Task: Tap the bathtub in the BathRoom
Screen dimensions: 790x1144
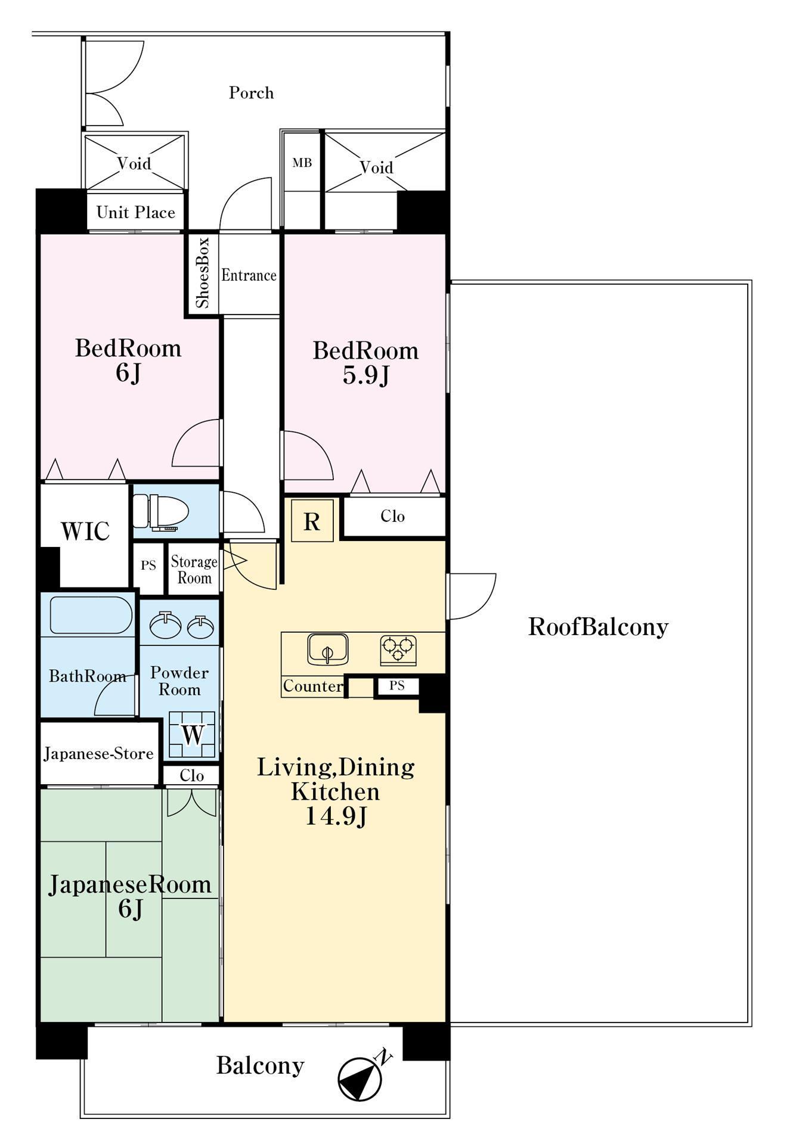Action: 91,615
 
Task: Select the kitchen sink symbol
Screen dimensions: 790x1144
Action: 327,649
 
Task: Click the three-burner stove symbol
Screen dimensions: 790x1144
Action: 398,651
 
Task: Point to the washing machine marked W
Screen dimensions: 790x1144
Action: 192,734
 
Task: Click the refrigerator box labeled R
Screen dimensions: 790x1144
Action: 312,521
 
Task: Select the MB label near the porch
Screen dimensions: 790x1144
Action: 302,163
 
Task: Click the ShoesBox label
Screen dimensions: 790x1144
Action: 203,273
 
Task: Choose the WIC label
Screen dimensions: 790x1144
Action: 85,531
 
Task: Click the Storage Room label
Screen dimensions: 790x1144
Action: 194,570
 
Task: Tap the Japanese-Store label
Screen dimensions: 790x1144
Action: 98,754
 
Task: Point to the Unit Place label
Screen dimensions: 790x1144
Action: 136,212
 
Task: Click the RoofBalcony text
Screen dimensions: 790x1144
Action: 598,627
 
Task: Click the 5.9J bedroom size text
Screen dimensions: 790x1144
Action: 366,375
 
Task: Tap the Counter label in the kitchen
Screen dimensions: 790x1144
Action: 313,686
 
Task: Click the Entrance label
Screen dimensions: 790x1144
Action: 249,275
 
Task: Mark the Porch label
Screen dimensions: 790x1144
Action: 252,92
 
